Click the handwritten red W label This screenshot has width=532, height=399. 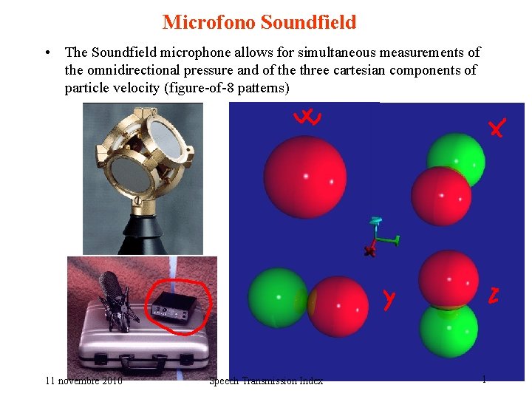(x=307, y=117)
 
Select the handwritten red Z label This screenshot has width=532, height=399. (x=494, y=296)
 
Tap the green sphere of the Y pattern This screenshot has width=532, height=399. (x=277, y=297)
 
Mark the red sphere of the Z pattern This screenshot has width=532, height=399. (x=448, y=279)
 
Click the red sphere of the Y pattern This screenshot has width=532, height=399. (x=338, y=305)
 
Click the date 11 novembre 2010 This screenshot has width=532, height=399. (x=83, y=381)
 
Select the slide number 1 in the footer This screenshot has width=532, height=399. (x=484, y=379)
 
